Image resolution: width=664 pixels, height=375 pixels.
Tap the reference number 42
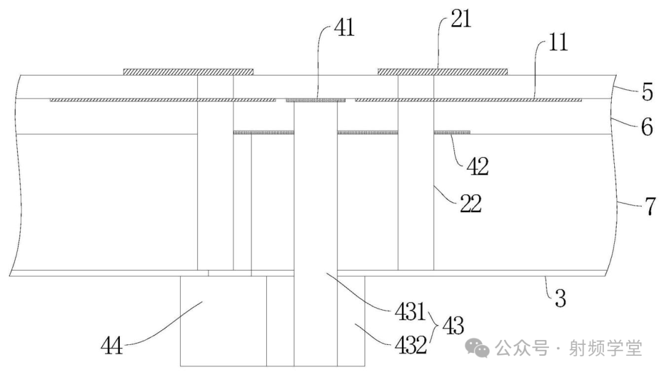(476, 167)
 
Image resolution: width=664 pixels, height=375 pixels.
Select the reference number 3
(559, 300)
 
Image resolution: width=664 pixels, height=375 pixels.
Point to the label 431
(410, 314)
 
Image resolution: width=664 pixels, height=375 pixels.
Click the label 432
(410, 345)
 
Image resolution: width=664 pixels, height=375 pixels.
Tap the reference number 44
(112, 347)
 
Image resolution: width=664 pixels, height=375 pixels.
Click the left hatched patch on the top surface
(189, 71)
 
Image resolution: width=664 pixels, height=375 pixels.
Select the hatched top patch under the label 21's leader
(443, 71)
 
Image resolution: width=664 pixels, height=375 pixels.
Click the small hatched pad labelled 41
(316, 100)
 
